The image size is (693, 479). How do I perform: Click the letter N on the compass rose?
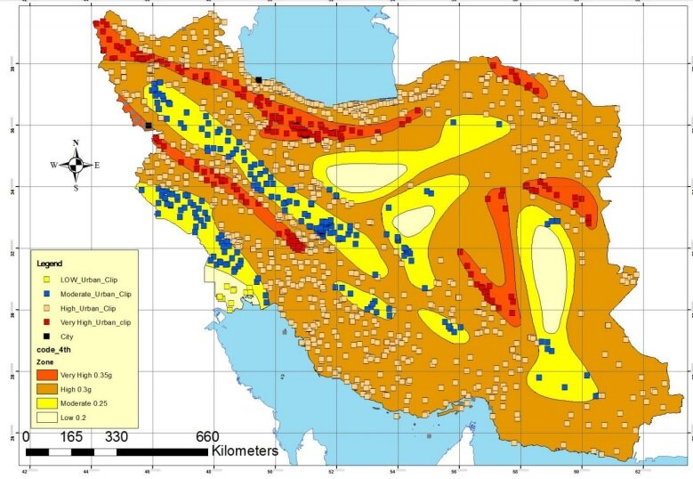coord(76,143)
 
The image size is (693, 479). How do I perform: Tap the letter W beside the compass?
coord(54,165)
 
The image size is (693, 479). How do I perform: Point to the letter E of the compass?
coord(97,165)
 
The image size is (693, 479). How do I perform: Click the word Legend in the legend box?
coord(51,264)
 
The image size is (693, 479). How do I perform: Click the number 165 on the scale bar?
coord(71,437)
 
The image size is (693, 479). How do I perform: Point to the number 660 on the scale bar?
coord(205,437)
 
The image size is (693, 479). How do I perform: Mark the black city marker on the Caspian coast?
coord(259,80)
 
